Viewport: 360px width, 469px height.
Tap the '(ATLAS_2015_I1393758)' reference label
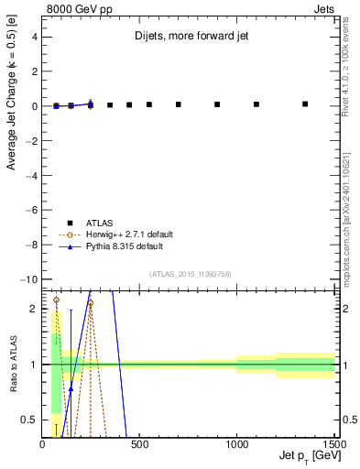tap(190, 273)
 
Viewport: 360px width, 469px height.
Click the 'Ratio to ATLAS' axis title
tap(12, 365)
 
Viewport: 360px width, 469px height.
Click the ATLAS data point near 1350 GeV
tap(305, 104)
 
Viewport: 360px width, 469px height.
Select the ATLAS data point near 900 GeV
tap(217, 104)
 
